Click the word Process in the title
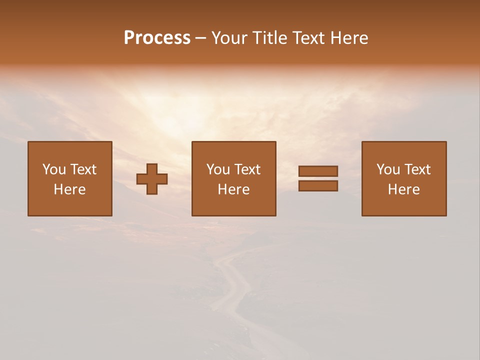coord(157,38)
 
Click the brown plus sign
coord(152,179)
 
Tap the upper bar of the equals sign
coord(318,171)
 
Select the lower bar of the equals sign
coord(318,186)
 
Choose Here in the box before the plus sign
coord(69,189)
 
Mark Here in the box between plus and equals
coord(233,189)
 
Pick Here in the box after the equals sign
coord(403,189)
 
